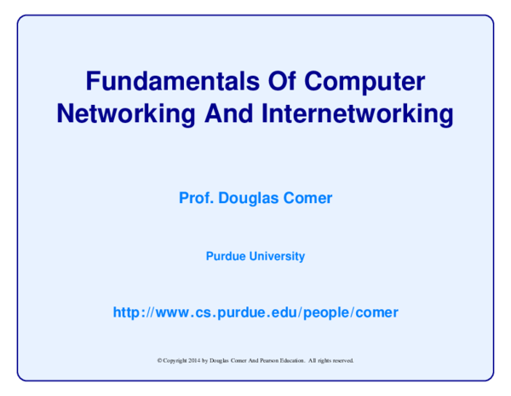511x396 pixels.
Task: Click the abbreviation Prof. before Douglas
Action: pos(195,199)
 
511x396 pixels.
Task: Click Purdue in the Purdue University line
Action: pos(225,256)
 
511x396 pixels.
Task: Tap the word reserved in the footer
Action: pos(343,360)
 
